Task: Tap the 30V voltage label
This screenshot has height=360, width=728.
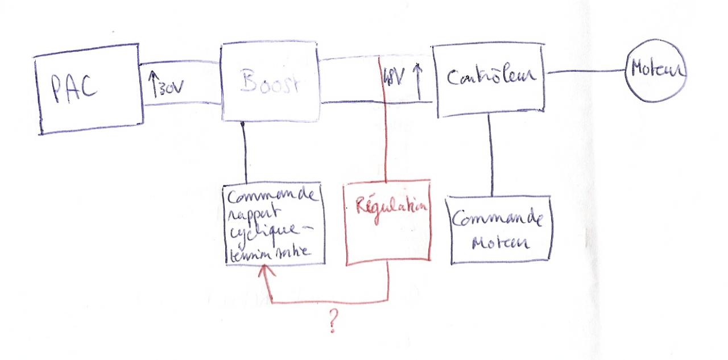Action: [169, 87]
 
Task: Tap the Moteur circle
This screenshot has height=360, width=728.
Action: [656, 71]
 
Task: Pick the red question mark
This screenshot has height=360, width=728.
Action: [333, 322]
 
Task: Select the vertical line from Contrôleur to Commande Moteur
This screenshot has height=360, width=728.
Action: [491, 154]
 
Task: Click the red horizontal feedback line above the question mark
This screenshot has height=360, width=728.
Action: [330, 301]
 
